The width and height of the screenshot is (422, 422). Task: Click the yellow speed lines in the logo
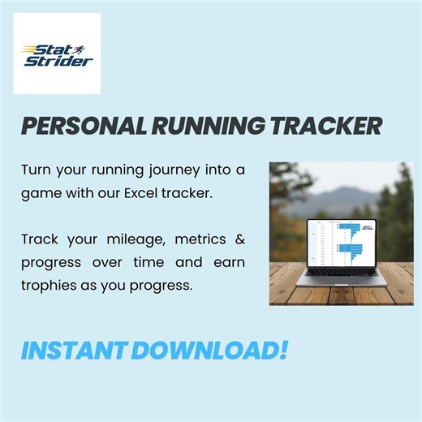31,51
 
